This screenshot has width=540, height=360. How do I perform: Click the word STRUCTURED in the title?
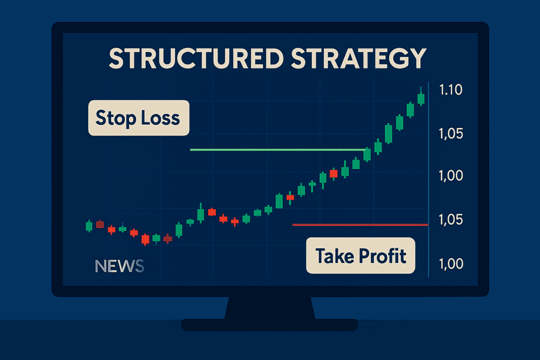[196, 58]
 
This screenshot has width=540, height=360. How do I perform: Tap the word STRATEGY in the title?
[359, 58]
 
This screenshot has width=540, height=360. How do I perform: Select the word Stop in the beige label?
[115, 119]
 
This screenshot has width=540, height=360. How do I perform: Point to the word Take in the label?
[335, 256]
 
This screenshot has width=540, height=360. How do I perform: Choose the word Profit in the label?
[383, 256]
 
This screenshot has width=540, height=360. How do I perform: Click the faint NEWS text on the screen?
[120, 266]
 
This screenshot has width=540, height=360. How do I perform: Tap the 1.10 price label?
[450, 90]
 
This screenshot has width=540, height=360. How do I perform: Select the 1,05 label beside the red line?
[450, 220]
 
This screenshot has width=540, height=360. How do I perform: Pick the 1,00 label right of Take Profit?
[450, 264]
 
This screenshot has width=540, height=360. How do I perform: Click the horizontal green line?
[277, 150]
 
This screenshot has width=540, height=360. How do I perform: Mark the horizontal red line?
[360, 225]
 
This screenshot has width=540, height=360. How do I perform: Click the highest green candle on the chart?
[421, 99]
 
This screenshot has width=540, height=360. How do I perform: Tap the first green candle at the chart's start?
[89, 226]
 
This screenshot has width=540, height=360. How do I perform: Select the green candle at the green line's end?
[367, 154]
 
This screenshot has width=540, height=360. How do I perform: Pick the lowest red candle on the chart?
[146, 239]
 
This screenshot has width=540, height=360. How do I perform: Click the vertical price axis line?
[428, 179]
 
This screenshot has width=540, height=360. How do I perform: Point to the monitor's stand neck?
[269, 308]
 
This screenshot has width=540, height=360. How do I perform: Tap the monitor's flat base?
[269, 325]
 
